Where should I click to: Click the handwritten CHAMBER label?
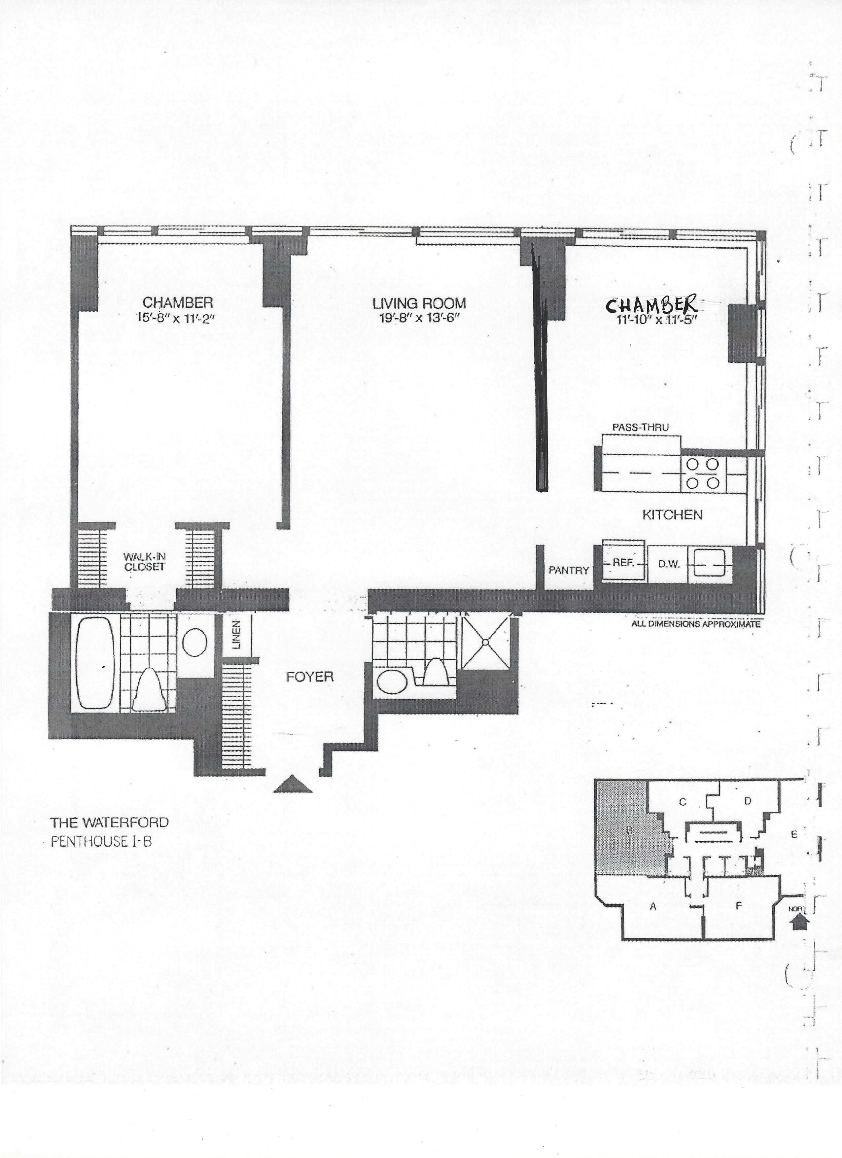click(x=651, y=305)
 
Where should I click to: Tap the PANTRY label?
click(x=569, y=570)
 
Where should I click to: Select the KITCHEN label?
click(x=672, y=515)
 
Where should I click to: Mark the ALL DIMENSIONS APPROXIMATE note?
click(x=696, y=624)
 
